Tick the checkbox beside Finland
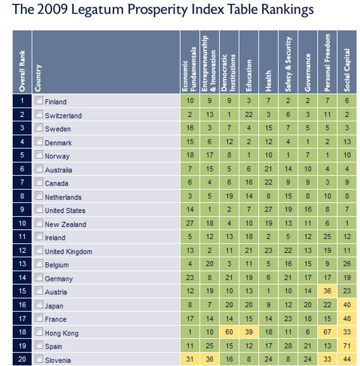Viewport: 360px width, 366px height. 39,101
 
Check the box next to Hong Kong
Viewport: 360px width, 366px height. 39,332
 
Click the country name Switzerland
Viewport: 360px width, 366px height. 63,116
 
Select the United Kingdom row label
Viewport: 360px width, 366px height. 68,252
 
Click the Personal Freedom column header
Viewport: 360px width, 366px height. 327,63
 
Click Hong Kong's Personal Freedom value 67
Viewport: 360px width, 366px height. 327,332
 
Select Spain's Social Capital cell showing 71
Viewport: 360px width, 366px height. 347,346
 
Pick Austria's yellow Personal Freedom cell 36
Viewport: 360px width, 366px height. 327,291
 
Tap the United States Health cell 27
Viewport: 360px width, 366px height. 268,209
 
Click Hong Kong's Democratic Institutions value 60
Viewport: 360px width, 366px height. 229,332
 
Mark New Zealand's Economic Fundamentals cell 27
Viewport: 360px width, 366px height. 190,223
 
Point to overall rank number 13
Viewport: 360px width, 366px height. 22,264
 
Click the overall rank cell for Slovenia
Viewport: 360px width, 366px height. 22,359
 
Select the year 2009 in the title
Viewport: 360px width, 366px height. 52,9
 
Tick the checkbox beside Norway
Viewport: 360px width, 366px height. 39,155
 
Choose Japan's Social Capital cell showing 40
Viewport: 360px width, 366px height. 347,305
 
